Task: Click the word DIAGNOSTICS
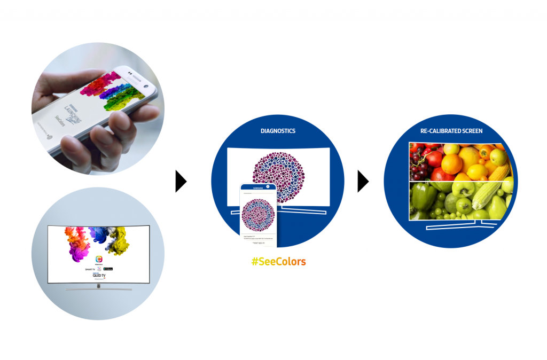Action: [278, 131]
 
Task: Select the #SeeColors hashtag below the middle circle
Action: [279, 262]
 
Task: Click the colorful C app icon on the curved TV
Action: [98, 259]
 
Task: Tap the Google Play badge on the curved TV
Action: [108, 268]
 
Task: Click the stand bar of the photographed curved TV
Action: [98, 289]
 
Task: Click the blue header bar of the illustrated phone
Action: [258, 187]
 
